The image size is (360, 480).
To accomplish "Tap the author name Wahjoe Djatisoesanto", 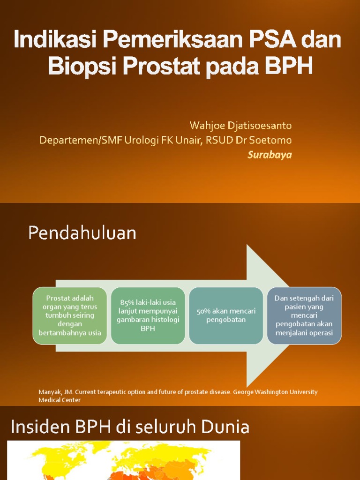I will (240, 126).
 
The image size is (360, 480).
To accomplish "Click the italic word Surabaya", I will (270, 155).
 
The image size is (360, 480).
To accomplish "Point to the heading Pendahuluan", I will (82, 232).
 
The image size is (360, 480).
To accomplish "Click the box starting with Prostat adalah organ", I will (70, 315).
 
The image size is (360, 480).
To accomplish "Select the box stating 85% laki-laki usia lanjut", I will (148, 315).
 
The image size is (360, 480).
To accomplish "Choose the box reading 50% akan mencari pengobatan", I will (226, 315).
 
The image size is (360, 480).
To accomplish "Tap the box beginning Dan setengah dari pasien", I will (304, 315).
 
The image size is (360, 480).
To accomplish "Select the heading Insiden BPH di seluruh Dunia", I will (130, 427).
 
